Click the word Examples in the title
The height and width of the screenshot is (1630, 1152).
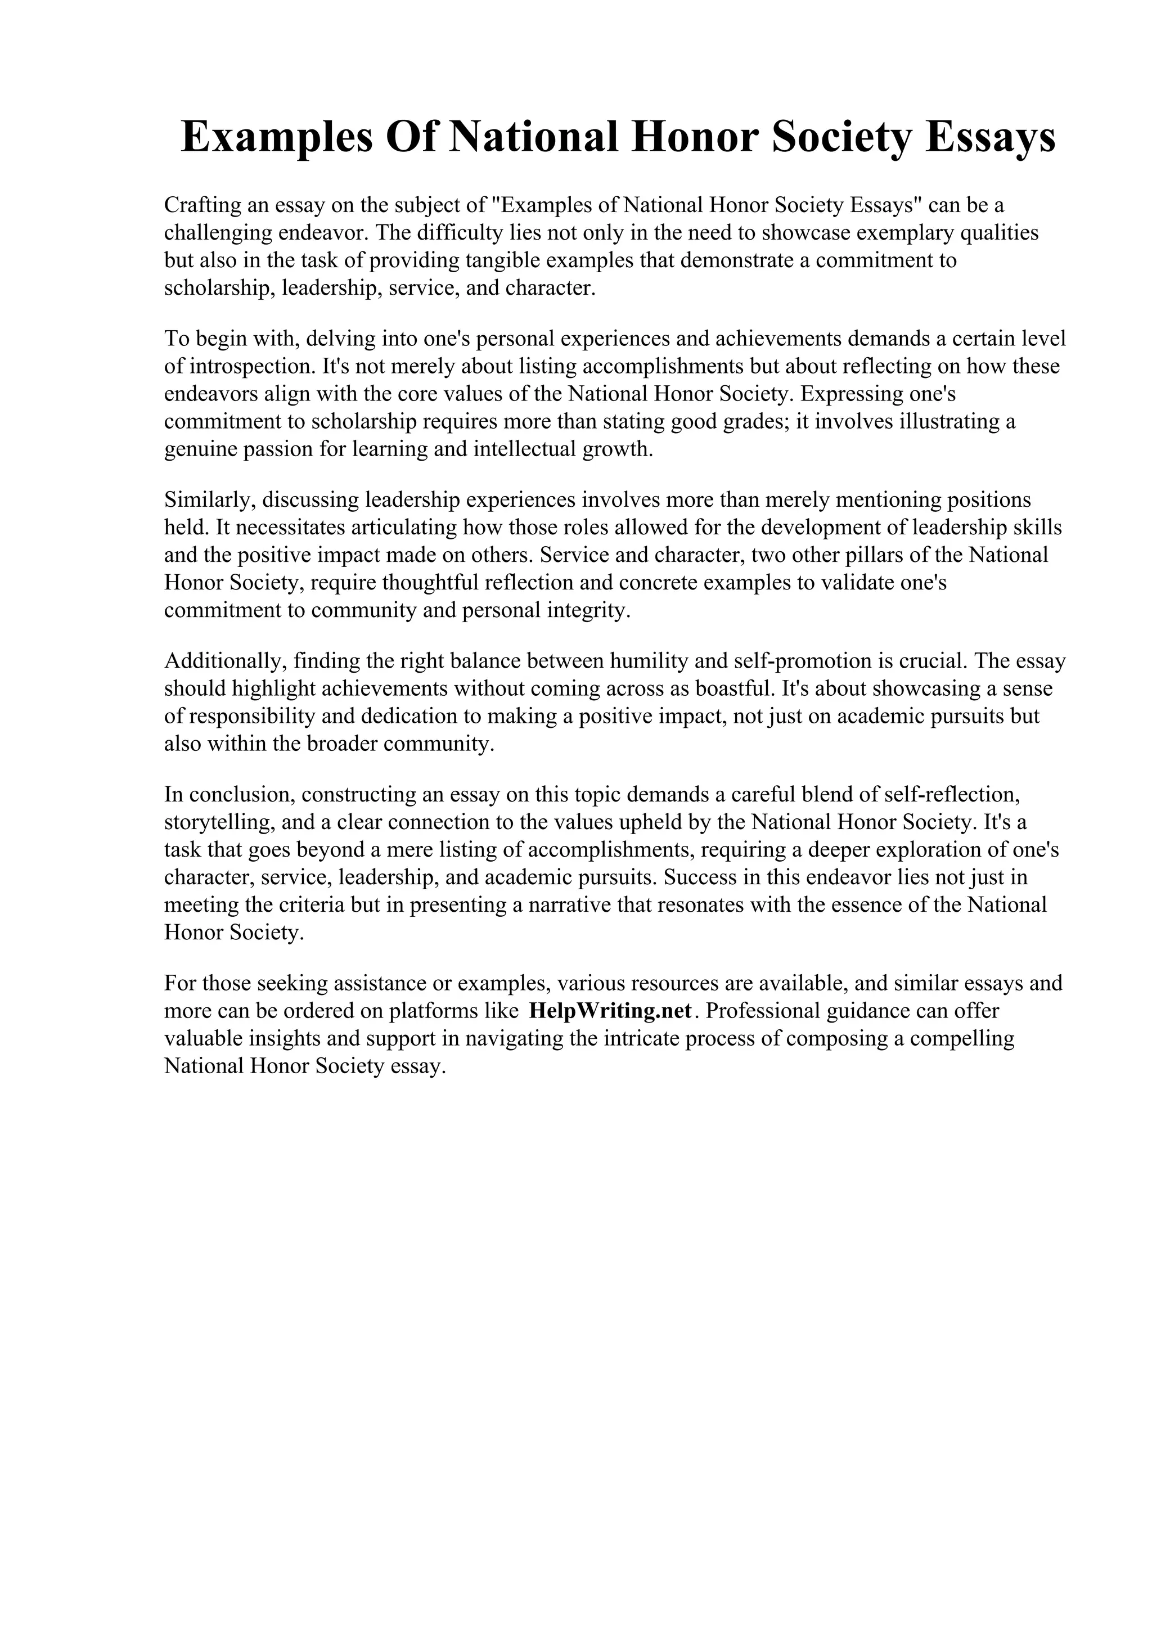[x=277, y=137]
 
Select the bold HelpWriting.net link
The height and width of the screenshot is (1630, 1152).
[x=610, y=1010]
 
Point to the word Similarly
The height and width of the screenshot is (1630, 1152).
[x=209, y=500]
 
